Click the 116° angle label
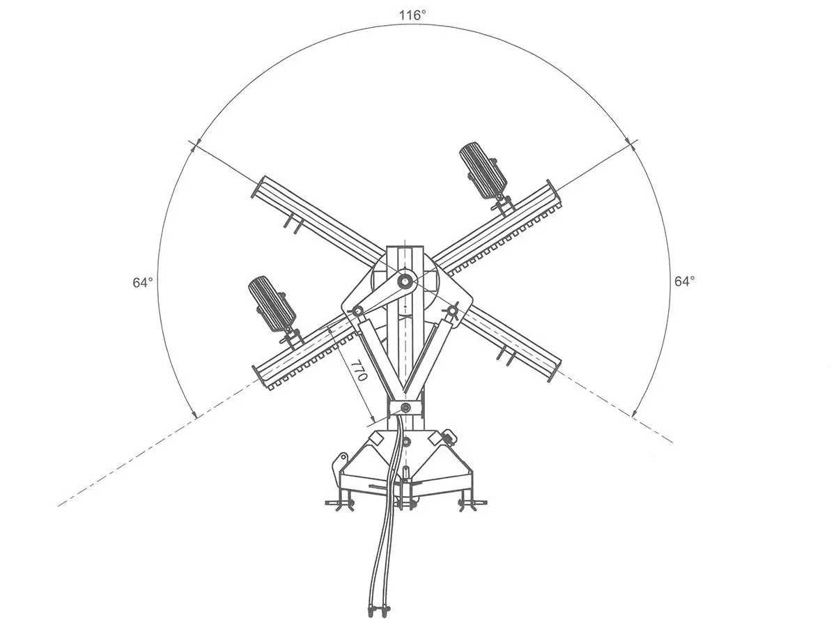[x=412, y=15]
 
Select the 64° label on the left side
[x=143, y=282]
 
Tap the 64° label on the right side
[x=684, y=281]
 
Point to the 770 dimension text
[x=358, y=370]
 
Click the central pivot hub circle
[x=404, y=281]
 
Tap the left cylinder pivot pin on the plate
[x=357, y=311]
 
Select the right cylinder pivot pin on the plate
[x=451, y=311]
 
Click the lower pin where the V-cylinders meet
[x=405, y=408]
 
